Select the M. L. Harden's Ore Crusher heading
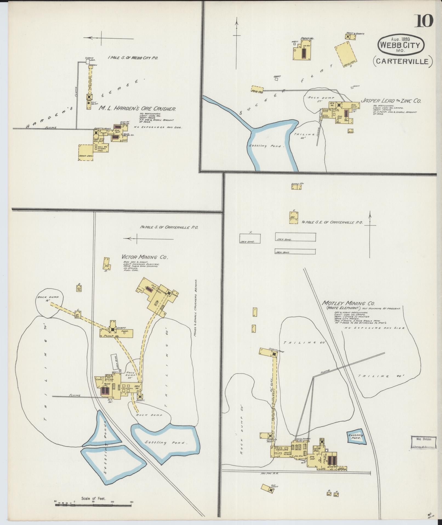tap(137, 109)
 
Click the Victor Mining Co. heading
tap(144, 257)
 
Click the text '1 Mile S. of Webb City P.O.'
tap(133, 58)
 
